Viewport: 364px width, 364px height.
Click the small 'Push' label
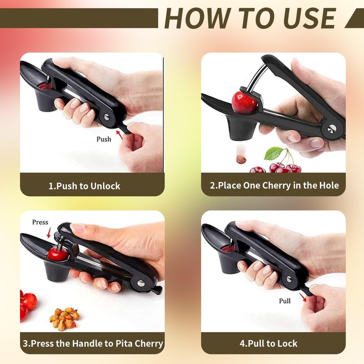click(x=104, y=139)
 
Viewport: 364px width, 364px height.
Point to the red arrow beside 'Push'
click(x=121, y=132)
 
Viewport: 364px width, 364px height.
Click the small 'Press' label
click(x=40, y=222)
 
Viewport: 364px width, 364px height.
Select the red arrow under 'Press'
click(x=49, y=233)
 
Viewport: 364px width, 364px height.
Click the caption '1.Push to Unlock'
click(x=85, y=186)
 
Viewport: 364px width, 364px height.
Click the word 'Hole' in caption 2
click(x=328, y=186)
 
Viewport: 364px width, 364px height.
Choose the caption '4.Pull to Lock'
click(x=268, y=344)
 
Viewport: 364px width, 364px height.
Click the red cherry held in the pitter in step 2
click(x=245, y=102)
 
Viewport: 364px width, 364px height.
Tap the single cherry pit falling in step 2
click(x=241, y=160)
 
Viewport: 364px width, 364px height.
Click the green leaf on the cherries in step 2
click(x=274, y=153)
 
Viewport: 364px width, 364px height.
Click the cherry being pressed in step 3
click(x=57, y=253)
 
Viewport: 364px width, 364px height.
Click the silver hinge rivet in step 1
click(x=107, y=117)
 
